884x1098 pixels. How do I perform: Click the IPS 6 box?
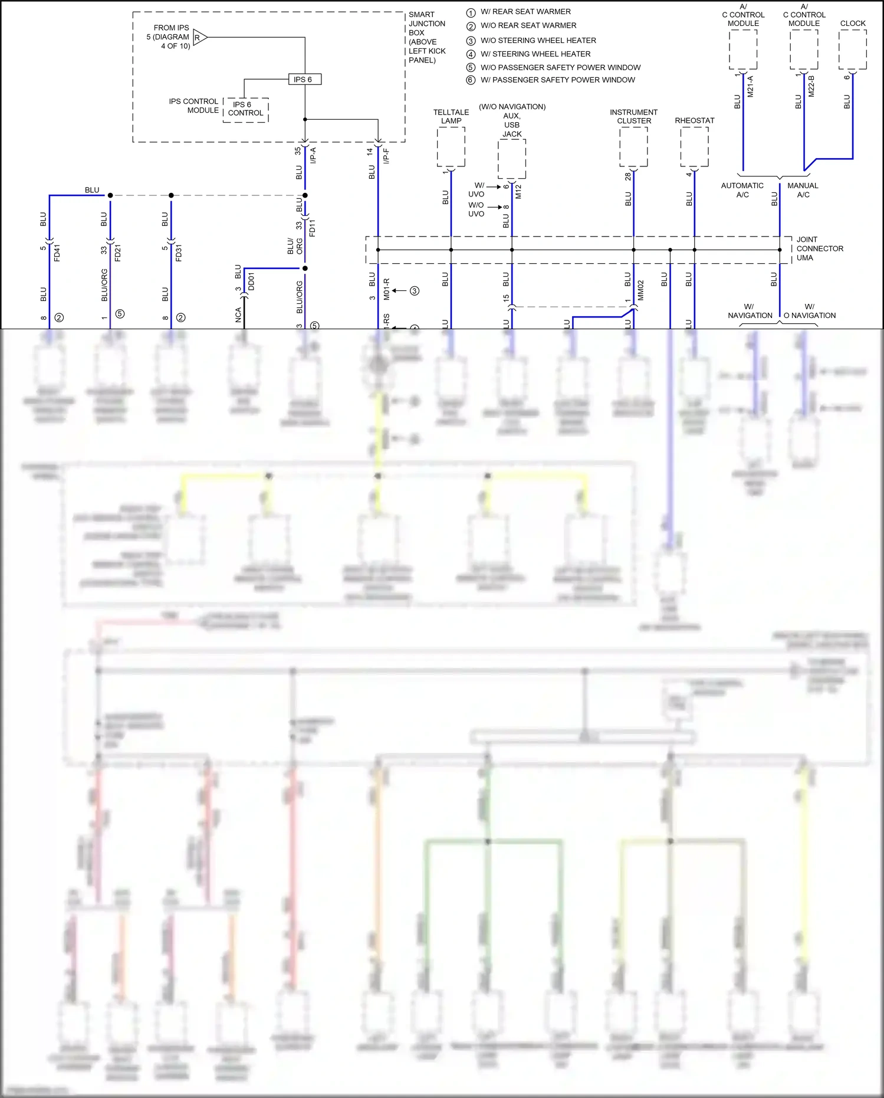click(304, 79)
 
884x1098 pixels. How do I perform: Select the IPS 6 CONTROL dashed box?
click(246, 110)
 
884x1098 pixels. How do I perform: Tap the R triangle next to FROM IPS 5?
click(199, 38)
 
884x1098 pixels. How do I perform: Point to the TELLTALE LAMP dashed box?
click(451, 147)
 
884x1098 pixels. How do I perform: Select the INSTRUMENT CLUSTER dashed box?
click(633, 147)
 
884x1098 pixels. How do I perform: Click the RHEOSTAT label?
click(694, 120)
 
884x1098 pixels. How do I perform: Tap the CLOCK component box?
click(852, 50)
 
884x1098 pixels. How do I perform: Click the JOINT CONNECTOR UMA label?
click(819, 248)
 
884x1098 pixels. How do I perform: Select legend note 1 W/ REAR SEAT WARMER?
click(525, 12)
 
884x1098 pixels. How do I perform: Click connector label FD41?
click(57, 253)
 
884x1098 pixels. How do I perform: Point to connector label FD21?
click(118, 253)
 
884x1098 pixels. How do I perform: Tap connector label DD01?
click(252, 281)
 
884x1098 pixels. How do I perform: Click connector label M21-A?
click(751, 86)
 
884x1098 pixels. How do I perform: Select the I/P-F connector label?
click(386, 155)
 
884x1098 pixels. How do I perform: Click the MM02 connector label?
click(641, 290)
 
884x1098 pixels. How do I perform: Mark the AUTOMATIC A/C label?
click(742, 190)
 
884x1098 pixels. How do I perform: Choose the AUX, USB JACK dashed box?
click(511, 159)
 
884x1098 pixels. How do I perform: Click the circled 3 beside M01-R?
click(415, 291)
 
